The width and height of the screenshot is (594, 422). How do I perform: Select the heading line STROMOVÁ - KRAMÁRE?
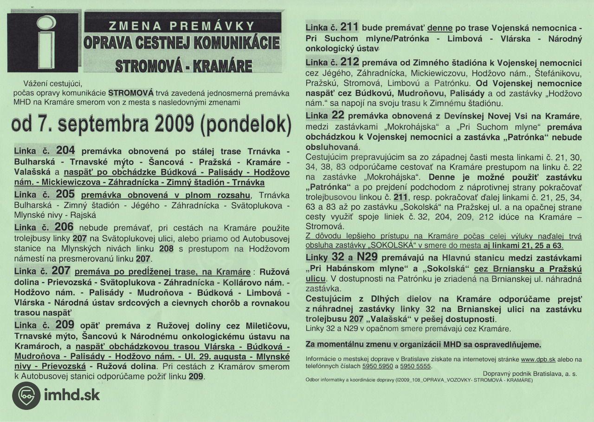click(184, 65)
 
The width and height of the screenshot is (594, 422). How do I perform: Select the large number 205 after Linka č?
click(65, 194)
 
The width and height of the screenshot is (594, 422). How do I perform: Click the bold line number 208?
click(167, 249)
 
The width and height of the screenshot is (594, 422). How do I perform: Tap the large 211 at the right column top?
click(349, 27)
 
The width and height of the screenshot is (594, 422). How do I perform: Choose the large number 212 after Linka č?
click(349, 61)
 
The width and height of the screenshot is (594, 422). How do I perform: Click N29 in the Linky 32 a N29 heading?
click(368, 257)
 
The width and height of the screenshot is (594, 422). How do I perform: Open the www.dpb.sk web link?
click(538, 359)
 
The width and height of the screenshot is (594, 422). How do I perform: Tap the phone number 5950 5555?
click(416, 366)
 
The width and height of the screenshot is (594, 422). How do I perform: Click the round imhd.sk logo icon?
click(26, 396)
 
